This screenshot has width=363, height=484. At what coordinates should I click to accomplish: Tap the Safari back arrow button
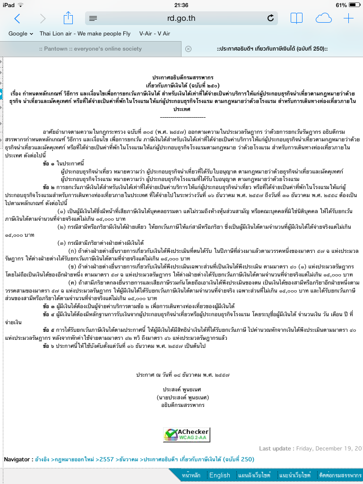pyautogui.click(x=17, y=18)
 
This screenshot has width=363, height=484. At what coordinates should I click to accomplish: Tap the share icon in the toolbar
pyautogui.click(x=69, y=18)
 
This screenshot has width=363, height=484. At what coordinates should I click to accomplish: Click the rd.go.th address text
pyautogui.click(x=181, y=18)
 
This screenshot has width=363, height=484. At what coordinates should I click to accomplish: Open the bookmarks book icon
pyautogui.click(x=296, y=18)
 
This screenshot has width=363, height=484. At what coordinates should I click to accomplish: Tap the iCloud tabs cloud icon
pyautogui.click(x=324, y=18)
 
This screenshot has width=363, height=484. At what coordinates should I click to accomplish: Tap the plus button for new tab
pyautogui.click(x=348, y=18)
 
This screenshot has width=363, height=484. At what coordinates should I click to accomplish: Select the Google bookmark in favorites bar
pyautogui.click(x=20, y=34)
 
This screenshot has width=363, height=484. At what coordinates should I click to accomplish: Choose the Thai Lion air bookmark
pyautogui.click(x=85, y=34)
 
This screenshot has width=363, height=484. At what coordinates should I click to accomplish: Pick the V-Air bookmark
pyautogui.click(x=155, y=34)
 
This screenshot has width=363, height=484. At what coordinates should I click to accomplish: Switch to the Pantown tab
pyautogui.click(x=90, y=49)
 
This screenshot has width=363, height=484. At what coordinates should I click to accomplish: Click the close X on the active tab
pyautogui.click(x=188, y=49)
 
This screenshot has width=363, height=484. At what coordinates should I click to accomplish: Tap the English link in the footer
pyautogui.click(x=220, y=475)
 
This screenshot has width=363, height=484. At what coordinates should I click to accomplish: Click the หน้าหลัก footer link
pyautogui.click(x=191, y=475)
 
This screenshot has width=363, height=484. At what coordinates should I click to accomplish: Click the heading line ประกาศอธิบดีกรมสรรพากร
pyautogui.click(x=182, y=77)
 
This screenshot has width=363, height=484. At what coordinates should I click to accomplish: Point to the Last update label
pyautogui.click(x=277, y=448)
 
